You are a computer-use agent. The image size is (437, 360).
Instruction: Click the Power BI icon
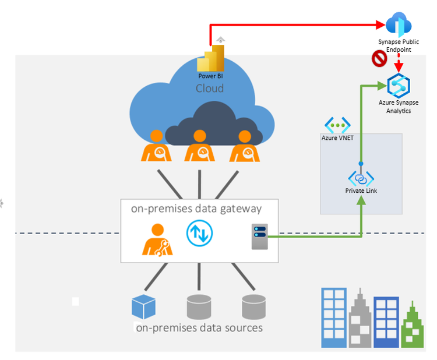point(210,59)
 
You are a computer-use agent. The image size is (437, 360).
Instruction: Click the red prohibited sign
point(379,58)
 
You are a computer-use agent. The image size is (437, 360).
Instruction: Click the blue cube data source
point(144,308)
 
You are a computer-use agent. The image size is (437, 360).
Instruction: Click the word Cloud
point(210,89)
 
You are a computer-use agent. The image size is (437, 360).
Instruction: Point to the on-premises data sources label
point(199,327)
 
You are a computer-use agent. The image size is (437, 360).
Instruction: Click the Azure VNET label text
point(338,138)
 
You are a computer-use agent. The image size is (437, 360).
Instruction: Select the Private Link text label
point(361,190)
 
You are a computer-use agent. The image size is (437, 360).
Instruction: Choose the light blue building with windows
point(334,318)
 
